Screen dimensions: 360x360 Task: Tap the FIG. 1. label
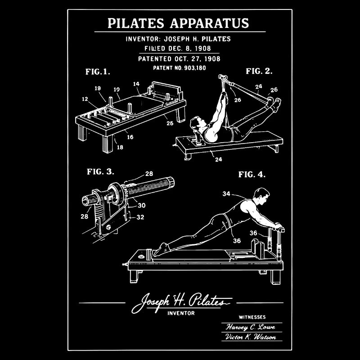(x=98, y=71)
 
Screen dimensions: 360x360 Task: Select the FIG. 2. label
(x=259, y=71)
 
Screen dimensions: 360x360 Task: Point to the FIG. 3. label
(x=100, y=171)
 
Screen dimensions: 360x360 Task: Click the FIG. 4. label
(x=252, y=174)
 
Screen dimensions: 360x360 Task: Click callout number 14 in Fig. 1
(x=136, y=84)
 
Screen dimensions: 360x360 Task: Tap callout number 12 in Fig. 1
(x=85, y=99)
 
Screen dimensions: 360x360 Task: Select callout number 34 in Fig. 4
(x=226, y=194)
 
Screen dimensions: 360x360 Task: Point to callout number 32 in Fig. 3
(x=140, y=216)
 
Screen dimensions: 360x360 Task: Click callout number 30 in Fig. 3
(x=141, y=205)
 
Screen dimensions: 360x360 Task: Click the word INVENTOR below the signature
(x=180, y=313)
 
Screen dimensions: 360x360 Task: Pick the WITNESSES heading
(x=252, y=317)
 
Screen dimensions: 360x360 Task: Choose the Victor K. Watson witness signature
(x=251, y=337)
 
